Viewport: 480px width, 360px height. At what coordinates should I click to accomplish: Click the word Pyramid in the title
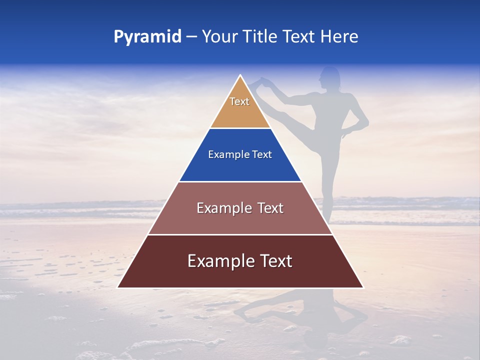(147, 37)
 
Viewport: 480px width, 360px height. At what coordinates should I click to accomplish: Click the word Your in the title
(218, 37)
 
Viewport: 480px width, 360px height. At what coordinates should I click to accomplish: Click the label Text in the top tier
(239, 101)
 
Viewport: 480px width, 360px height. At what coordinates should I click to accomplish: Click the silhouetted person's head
(330, 77)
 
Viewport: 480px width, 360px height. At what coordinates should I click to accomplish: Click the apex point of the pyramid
(240, 75)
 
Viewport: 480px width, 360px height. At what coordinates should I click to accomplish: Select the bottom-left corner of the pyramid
(118, 287)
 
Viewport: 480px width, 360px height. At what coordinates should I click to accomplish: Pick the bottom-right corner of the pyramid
(363, 287)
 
